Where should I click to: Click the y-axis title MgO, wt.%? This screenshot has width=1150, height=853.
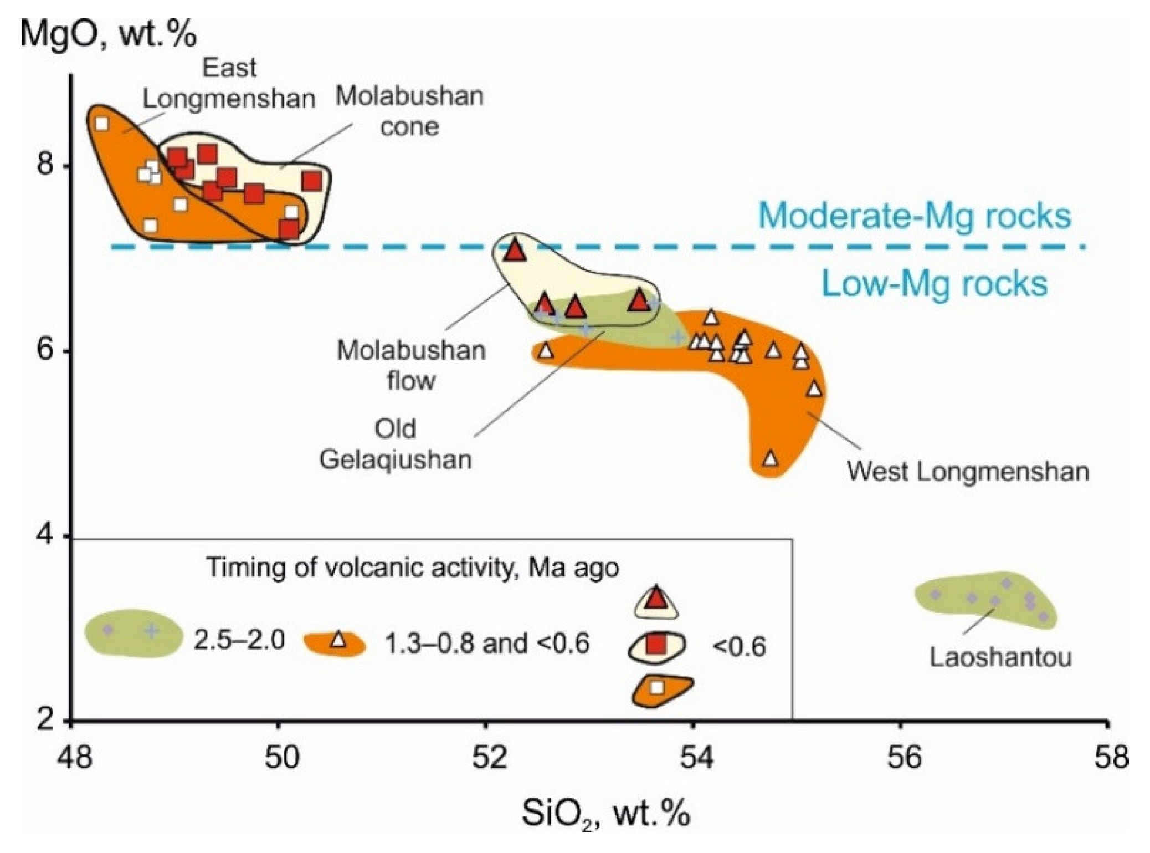[108, 34]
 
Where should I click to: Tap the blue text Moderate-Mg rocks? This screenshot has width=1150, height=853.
[914, 216]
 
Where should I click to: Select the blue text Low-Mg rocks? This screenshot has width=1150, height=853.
[934, 284]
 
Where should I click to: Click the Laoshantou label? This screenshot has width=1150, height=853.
[1000, 657]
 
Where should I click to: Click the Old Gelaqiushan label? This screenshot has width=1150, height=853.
[395, 444]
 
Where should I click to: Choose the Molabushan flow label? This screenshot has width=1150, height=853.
[411, 365]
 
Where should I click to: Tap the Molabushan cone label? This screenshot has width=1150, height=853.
[410, 111]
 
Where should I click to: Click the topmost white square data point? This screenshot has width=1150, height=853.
[101, 123]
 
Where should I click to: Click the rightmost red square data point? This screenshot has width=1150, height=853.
[312, 181]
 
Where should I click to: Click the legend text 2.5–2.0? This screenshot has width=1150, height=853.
[239, 641]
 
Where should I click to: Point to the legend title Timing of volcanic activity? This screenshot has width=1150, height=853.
[412, 568]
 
